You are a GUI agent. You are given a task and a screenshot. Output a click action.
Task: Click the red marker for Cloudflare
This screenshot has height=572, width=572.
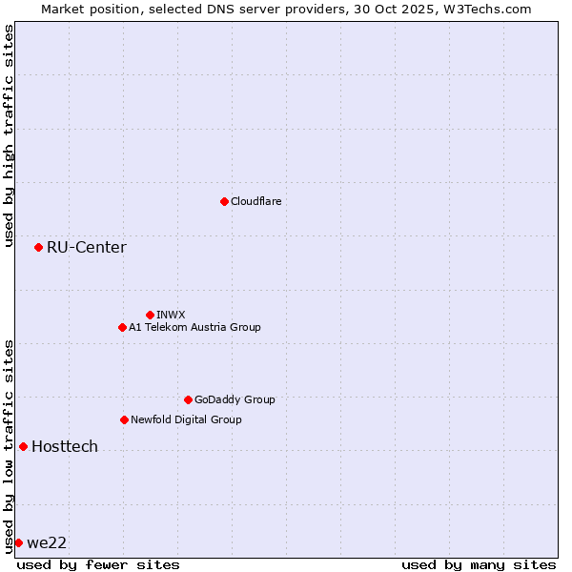point(224,201)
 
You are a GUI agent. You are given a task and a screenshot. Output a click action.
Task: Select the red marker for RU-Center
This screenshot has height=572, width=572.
point(38,248)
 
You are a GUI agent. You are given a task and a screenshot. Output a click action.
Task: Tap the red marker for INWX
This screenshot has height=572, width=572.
point(150,315)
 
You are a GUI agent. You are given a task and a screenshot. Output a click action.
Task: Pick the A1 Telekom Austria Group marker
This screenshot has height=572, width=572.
point(122,327)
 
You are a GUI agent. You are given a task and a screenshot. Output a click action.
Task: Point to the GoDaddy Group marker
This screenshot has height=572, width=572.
point(188,399)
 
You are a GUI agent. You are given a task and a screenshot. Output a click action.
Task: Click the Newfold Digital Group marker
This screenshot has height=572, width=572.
point(124,419)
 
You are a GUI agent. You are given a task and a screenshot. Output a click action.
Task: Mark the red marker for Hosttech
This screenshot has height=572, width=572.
point(23,446)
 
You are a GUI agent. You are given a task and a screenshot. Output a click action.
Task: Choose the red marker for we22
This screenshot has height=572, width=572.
point(18,542)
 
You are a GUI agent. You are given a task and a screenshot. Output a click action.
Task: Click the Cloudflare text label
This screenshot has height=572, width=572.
point(256,201)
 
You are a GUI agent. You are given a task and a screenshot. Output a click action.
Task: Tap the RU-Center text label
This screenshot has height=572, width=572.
point(86,248)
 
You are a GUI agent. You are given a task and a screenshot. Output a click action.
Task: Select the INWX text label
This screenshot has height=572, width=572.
point(171,315)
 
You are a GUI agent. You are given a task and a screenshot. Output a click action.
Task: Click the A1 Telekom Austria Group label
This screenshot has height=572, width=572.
point(194,327)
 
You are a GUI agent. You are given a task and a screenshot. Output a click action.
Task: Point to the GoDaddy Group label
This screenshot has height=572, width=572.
point(235,399)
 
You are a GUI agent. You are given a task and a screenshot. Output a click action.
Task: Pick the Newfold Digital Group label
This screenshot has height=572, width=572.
point(186,419)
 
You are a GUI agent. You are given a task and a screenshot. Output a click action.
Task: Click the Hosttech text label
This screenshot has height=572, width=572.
point(65,446)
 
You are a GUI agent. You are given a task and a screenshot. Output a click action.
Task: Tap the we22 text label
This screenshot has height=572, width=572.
point(47,543)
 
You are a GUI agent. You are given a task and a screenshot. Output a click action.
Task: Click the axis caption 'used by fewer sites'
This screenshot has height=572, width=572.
point(98,564)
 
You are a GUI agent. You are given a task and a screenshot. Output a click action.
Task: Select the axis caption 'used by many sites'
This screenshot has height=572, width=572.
point(479,564)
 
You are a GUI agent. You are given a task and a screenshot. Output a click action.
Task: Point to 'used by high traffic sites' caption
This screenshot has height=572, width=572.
point(9,135)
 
